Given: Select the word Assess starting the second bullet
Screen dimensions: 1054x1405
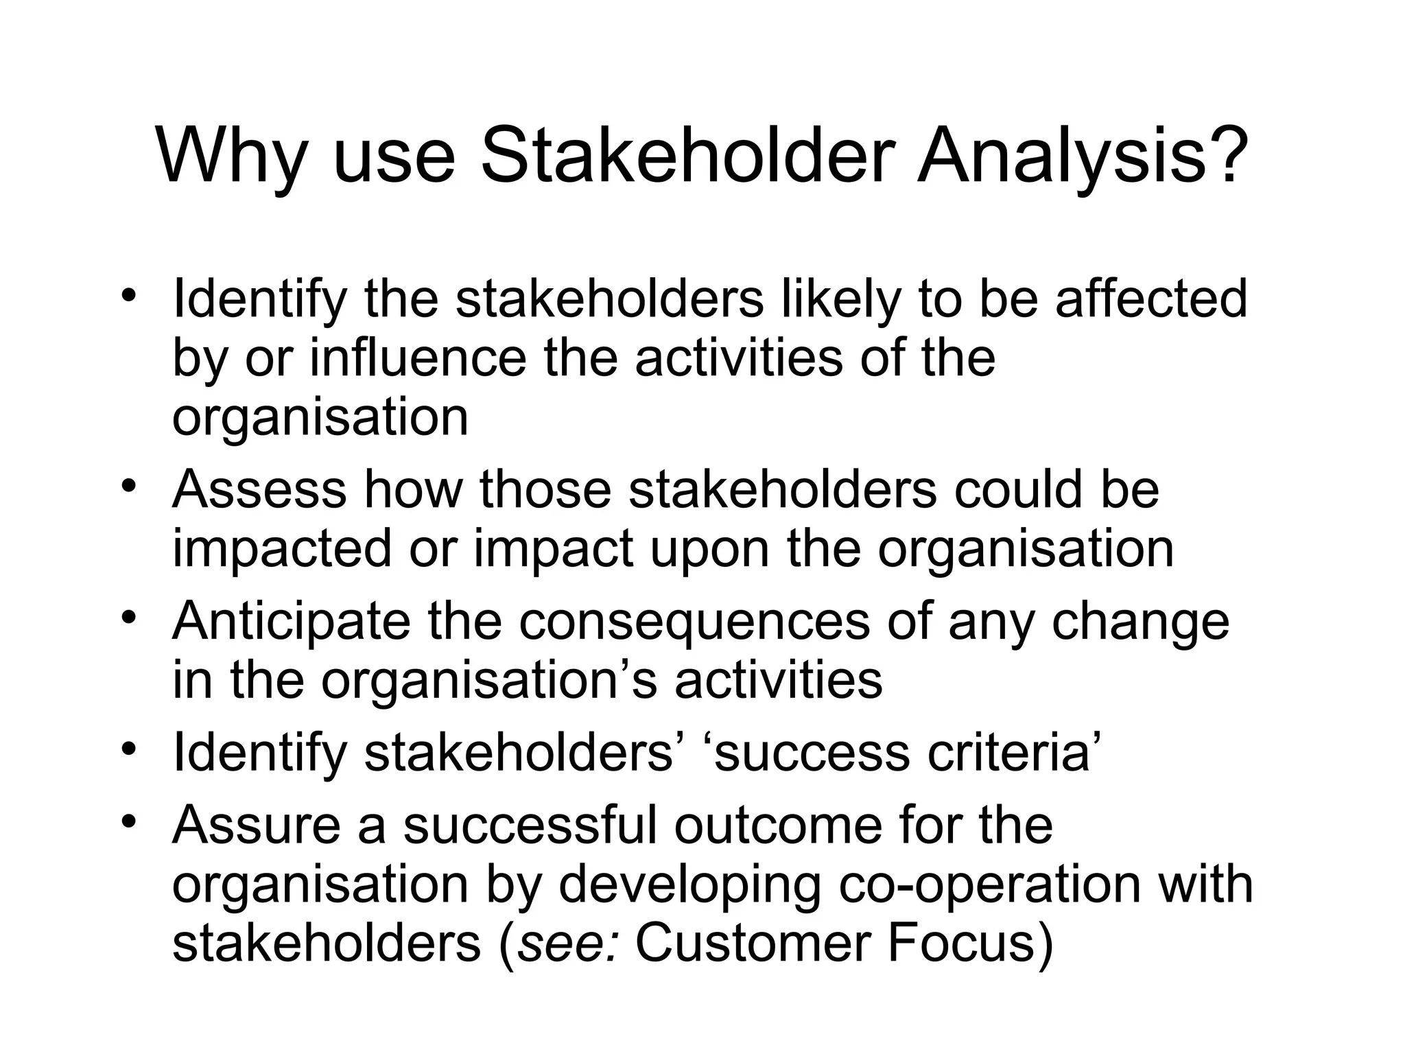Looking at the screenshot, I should click(259, 489).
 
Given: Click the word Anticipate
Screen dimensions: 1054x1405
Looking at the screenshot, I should click(291, 622).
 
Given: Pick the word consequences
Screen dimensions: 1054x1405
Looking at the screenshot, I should click(694, 622).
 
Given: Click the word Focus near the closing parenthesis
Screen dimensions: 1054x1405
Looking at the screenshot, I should click(960, 944).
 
